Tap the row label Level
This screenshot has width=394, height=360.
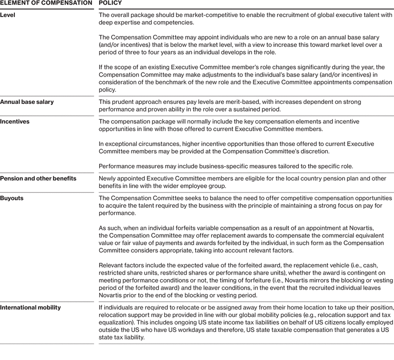(8, 14)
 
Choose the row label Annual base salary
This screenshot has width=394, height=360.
(27, 102)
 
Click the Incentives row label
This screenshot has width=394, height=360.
(14, 121)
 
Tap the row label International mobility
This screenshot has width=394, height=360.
(30, 308)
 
